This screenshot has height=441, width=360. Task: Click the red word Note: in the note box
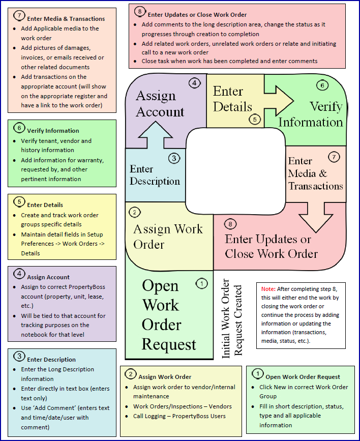[x=269, y=289]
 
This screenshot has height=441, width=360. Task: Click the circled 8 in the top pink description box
[x=140, y=11]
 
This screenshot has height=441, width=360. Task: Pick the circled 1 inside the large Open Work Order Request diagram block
[x=201, y=283]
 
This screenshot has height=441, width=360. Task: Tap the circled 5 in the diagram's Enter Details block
[x=254, y=120]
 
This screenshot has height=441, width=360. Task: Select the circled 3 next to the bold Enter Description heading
[x=19, y=356]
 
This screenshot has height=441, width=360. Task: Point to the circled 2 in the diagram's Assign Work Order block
[x=135, y=212]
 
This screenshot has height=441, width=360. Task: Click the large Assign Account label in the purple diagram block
[x=159, y=103]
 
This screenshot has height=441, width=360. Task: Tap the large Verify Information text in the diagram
[x=311, y=114]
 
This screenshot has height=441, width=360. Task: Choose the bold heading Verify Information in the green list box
[x=53, y=131]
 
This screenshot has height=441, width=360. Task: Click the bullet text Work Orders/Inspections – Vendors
[x=182, y=406]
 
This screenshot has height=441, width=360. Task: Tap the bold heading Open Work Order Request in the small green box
[x=303, y=377]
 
